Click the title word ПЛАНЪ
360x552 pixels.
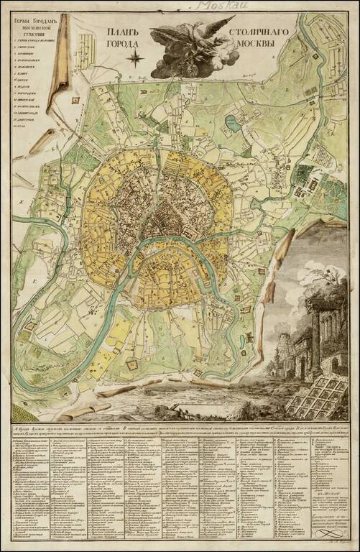pyautogui.click(x=121, y=32)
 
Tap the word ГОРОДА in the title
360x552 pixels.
pyautogui.click(x=121, y=45)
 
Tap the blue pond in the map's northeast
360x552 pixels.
pyautogui.click(x=232, y=124)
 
